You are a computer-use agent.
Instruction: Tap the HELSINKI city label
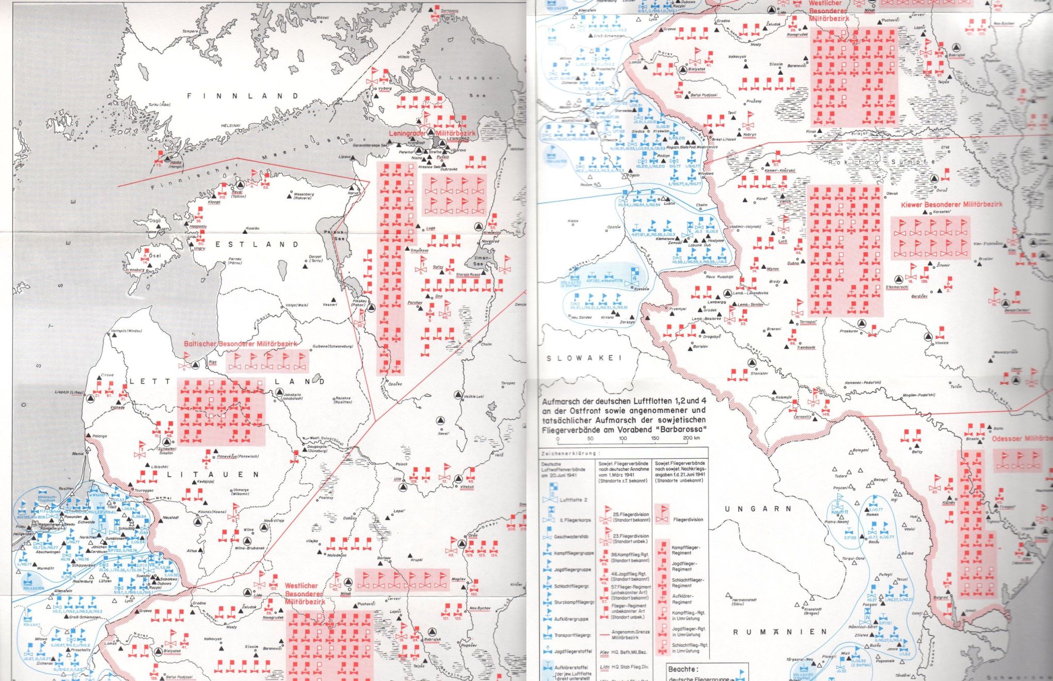click(231, 125)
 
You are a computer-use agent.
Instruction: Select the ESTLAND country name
click(257, 245)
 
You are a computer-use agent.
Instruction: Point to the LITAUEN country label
click(219, 474)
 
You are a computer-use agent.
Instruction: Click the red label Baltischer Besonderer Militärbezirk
click(241, 344)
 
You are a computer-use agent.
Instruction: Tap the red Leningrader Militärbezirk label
click(433, 133)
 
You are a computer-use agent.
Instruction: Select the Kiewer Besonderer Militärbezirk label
click(951, 204)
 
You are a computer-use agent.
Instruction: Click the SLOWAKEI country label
click(584, 358)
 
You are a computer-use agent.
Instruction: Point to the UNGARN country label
click(758, 509)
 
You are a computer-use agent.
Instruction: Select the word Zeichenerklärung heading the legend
click(571, 454)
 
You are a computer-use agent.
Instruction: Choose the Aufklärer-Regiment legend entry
click(681, 599)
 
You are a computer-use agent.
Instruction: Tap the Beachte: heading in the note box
click(683, 669)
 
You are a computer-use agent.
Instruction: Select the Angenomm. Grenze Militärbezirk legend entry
click(631, 635)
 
